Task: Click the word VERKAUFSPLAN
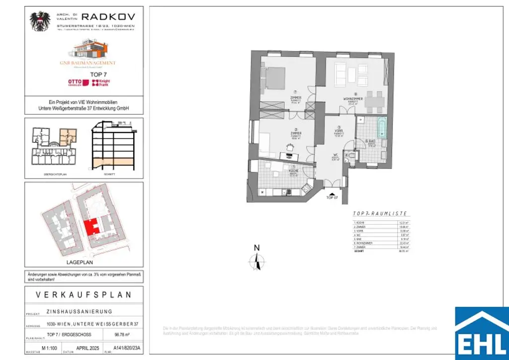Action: point(84,295)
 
